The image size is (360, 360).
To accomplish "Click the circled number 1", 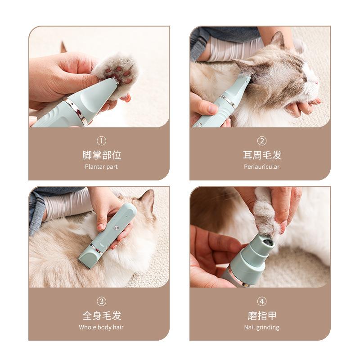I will pos(101,141).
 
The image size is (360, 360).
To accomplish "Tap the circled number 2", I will pos(262,141).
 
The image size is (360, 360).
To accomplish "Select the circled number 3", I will pos(101,301).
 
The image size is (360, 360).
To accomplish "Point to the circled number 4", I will pos(262,301).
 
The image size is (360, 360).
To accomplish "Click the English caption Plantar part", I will pos(101,166).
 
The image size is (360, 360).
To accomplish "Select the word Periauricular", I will pos(262,166).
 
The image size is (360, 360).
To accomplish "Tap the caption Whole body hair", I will pos(101,327).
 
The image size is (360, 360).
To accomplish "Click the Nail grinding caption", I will pos(262,327).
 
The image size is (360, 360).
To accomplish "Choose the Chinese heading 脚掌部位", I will pos(101,155).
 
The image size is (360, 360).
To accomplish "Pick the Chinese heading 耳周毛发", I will pos(262,155).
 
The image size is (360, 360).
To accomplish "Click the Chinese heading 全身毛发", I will pos(101,315).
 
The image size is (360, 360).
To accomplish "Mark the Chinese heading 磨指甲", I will pos(262,315).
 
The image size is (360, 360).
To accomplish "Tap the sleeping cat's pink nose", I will pos(317,82).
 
